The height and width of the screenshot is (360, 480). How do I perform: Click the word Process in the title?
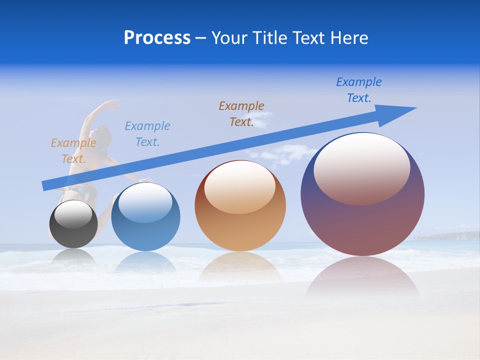click(157, 38)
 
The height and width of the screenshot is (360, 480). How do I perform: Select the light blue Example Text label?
click(147, 134)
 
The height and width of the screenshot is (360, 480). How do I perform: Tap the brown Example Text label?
click(241, 113)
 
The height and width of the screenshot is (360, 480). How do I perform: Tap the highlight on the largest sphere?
click(361, 168)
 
